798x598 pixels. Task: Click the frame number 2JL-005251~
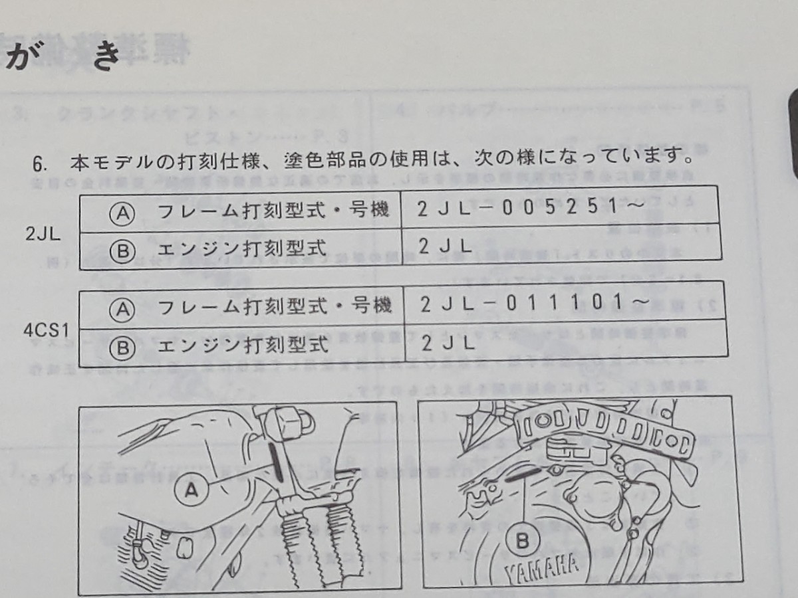(531, 207)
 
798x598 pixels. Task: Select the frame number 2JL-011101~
(534, 303)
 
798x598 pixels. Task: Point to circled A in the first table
(123, 213)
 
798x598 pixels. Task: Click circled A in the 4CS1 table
(123, 308)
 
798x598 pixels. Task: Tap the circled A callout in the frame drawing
(192, 492)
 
